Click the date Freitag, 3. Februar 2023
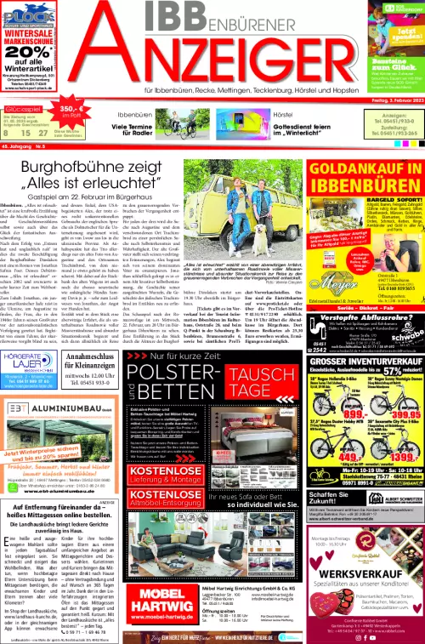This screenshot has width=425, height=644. (387, 100)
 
